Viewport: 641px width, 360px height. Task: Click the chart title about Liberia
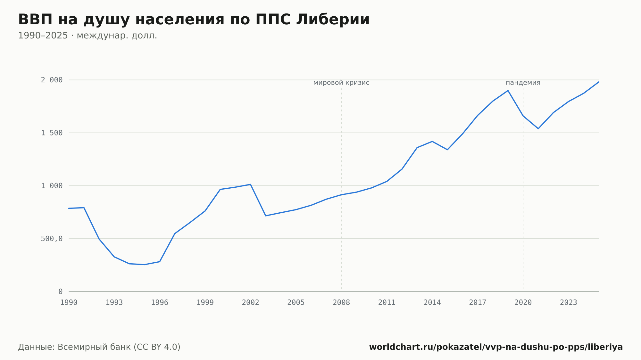[194, 20]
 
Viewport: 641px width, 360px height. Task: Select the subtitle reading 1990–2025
[87, 36]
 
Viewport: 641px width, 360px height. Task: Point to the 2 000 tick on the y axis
[52, 80]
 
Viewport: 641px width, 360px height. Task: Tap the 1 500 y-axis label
[52, 133]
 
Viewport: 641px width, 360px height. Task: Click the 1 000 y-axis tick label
[52, 186]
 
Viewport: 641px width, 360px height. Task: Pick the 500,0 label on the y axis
[52, 239]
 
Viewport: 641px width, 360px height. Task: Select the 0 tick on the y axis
[61, 292]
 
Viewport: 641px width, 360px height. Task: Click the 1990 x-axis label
[69, 303]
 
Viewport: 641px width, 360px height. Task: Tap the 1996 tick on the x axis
[160, 303]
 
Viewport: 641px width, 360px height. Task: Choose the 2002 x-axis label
[251, 303]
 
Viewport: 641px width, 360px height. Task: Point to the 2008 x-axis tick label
[341, 303]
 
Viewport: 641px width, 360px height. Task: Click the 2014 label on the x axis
[432, 303]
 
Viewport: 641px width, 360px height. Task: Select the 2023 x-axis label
[569, 303]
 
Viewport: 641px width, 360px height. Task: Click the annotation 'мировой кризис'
[341, 83]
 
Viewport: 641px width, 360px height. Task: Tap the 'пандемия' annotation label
[523, 83]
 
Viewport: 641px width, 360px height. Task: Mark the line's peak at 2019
[508, 91]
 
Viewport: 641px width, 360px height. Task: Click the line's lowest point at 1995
[145, 265]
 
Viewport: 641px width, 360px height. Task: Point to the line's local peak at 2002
[251, 184]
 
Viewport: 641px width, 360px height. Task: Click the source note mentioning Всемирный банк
[99, 347]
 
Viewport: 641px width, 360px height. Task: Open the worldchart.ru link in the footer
[496, 347]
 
